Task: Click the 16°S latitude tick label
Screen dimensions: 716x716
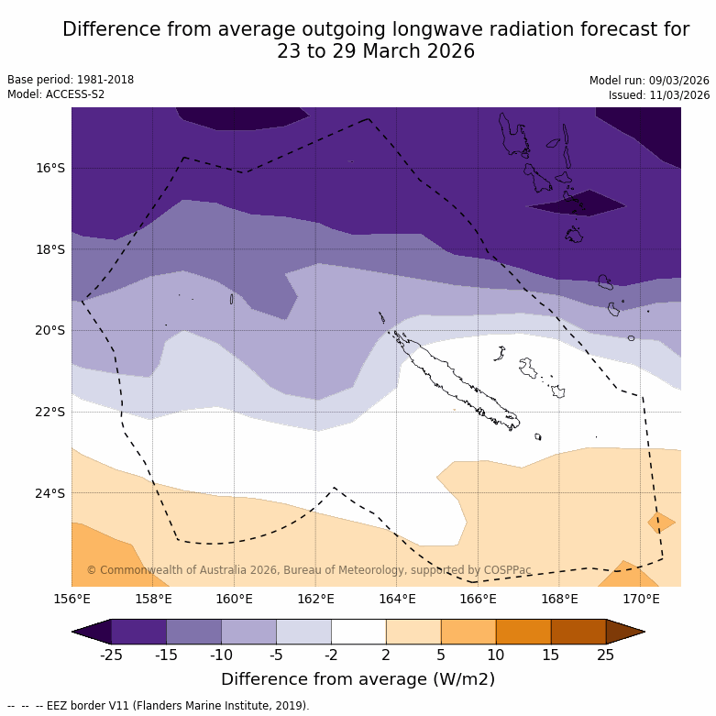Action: [50, 168]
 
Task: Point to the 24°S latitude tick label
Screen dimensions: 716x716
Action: [50, 493]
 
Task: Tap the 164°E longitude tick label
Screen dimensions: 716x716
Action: [397, 600]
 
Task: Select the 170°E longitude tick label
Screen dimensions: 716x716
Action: [641, 600]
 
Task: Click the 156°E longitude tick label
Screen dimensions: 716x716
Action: [72, 600]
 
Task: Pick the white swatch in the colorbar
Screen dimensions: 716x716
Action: [358, 632]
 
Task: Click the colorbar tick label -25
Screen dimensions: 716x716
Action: [111, 655]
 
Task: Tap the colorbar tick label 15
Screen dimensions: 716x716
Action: [551, 655]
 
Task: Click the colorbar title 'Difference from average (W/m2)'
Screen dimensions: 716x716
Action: [358, 679]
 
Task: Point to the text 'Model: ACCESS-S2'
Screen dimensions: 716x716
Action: [56, 94]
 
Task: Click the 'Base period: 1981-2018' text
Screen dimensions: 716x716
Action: [71, 80]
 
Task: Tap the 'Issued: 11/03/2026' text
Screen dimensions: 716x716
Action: [658, 95]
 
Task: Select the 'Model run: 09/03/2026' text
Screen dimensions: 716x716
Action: [649, 81]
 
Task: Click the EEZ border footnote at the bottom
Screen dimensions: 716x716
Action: [159, 706]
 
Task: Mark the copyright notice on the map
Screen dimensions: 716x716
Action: [309, 570]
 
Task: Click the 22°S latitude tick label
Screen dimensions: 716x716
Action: [50, 412]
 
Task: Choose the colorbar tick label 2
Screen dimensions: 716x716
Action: [386, 655]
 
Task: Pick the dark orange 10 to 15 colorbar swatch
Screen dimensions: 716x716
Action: [523, 632]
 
